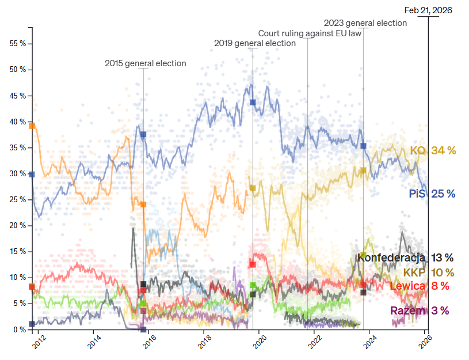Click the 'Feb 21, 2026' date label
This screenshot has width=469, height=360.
point(428,10)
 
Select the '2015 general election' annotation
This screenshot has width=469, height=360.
point(145,63)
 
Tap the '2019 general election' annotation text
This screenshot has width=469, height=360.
point(255,43)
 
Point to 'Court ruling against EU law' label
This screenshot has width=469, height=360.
point(310,33)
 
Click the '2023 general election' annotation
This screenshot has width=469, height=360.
point(365,23)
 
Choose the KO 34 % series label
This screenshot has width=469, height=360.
point(433,151)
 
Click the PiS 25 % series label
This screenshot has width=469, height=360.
point(432,194)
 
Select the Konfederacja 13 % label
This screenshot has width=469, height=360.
point(405,257)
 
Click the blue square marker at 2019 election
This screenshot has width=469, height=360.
point(253,103)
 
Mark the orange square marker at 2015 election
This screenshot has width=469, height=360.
point(143,204)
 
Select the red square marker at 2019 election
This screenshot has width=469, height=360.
point(253,264)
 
